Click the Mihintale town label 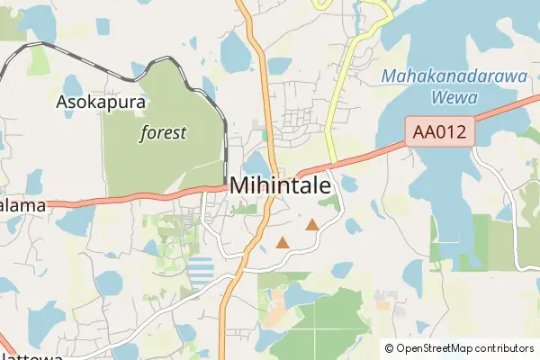tap(280, 184)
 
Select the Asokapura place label tap(101, 102)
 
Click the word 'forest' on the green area tap(163, 133)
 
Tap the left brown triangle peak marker tap(283, 242)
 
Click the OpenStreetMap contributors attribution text tap(465, 348)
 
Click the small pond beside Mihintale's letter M tap(255, 162)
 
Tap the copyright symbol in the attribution tap(390, 348)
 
